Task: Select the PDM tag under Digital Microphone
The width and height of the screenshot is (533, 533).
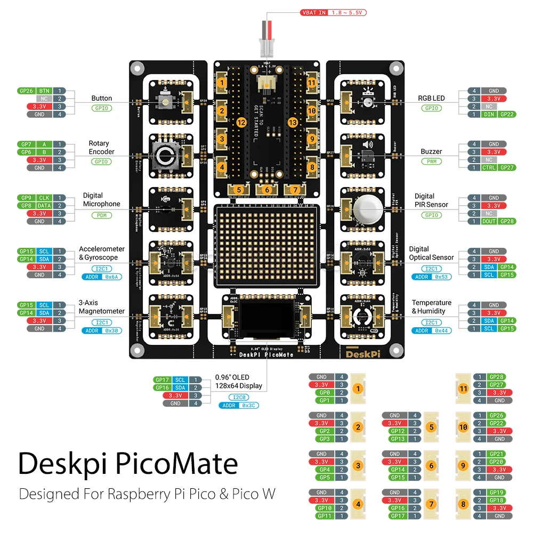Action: click(101, 215)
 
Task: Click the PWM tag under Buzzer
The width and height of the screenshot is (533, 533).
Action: click(431, 161)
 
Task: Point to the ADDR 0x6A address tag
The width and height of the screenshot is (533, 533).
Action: click(101, 277)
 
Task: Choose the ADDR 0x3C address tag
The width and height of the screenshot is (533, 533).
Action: click(238, 406)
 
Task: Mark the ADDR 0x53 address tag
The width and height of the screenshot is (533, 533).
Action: click(431, 277)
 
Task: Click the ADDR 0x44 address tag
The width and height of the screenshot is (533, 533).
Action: click(431, 330)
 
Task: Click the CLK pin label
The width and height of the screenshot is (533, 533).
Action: click(44, 198)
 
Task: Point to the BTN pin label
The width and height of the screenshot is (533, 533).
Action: click(44, 91)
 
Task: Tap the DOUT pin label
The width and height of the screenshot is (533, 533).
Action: click(489, 221)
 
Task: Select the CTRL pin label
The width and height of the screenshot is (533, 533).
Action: click(489, 167)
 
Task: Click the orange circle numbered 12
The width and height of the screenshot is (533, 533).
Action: click(241, 123)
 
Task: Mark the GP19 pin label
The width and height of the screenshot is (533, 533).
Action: click(496, 492)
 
